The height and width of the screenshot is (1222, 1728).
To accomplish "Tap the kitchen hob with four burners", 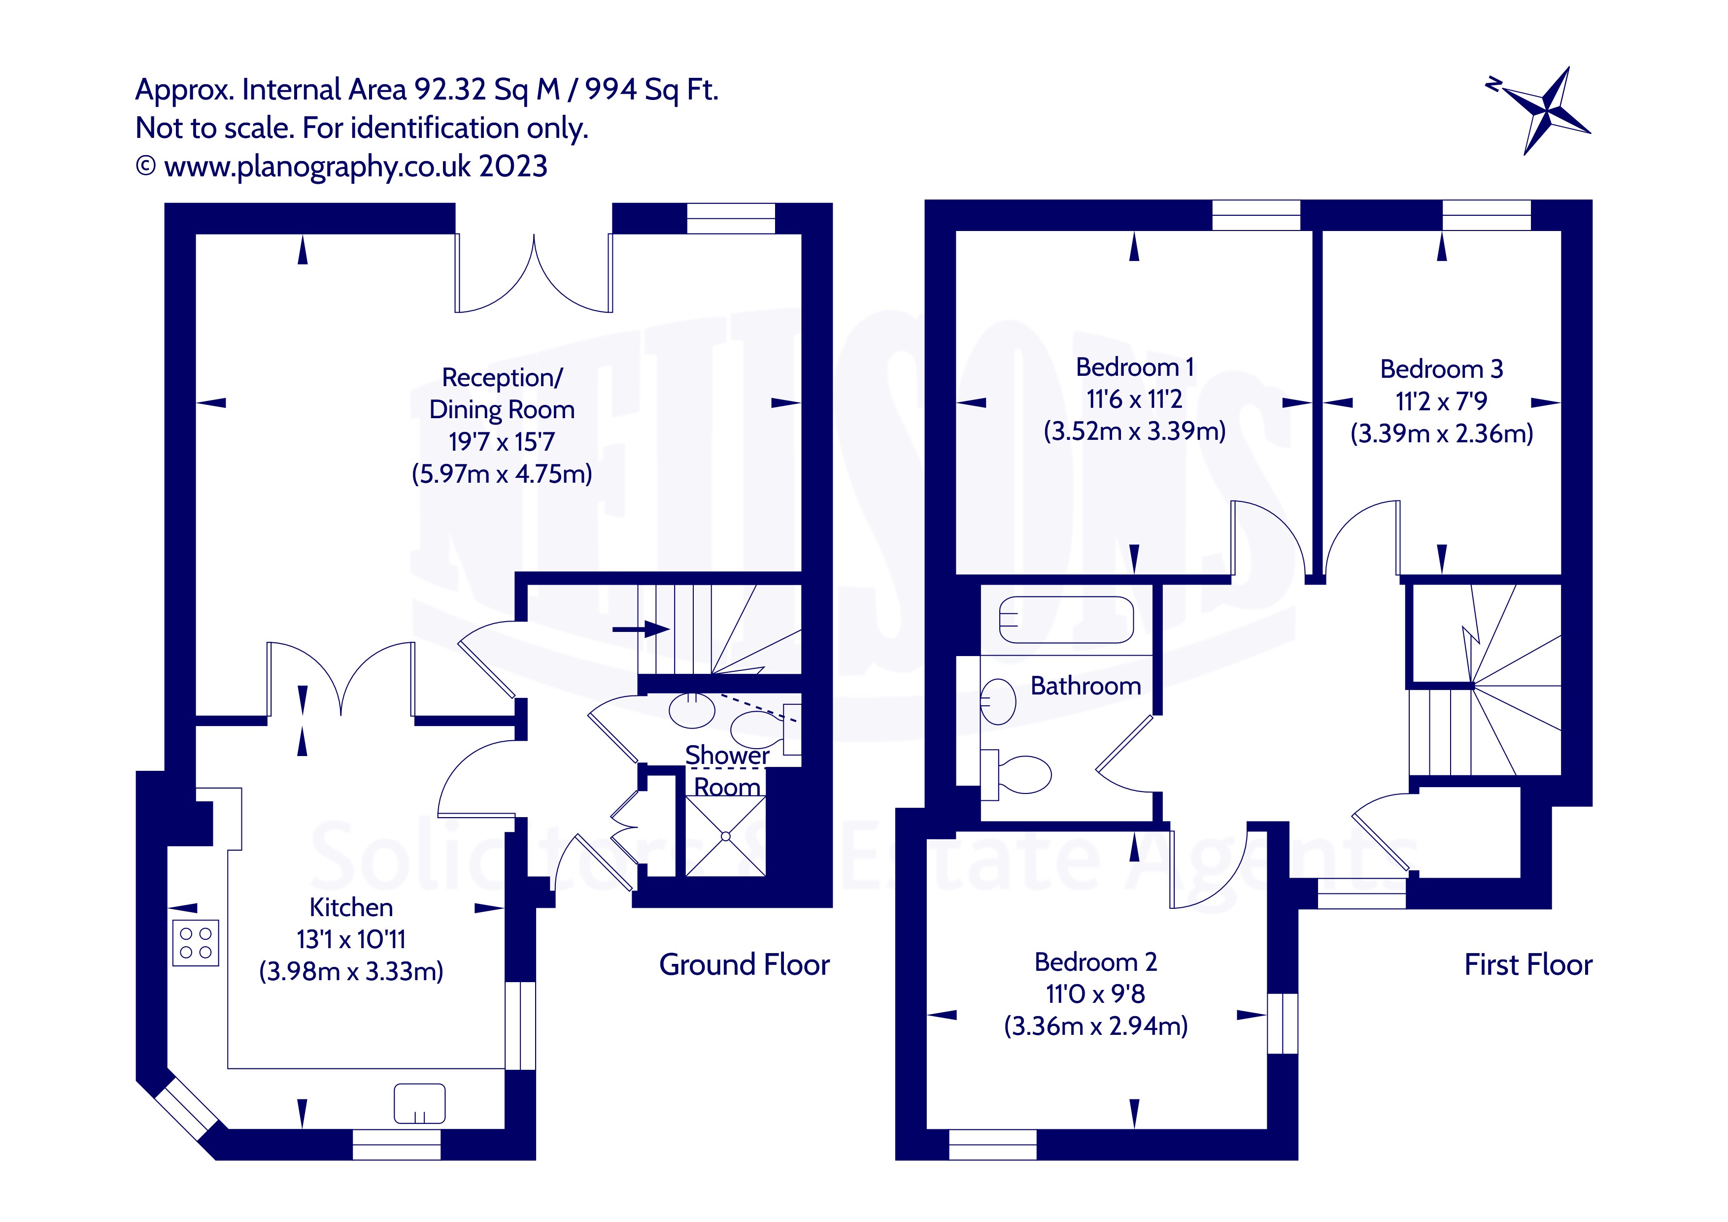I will click(196, 943).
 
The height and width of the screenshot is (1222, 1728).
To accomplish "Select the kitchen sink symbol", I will click(419, 1103).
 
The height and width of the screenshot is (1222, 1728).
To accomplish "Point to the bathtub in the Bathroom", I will click(1066, 619).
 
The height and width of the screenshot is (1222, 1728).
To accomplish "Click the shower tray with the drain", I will click(725, 836).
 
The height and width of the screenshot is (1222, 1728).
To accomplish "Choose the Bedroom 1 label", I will click(1134, 367).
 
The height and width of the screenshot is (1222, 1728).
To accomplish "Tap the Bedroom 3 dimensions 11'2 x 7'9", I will click(1441, 401).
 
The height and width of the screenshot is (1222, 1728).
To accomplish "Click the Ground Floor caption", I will click(744, 965).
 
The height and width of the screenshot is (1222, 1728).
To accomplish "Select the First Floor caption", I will click(1528, 965).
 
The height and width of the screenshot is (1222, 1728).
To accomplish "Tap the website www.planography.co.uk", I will click(317, 166).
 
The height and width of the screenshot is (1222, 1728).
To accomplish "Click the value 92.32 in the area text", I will click(450, 90).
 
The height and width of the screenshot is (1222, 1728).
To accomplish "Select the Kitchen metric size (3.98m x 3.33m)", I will click(351, 971).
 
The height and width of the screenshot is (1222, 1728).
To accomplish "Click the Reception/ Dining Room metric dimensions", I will click(501, 474).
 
